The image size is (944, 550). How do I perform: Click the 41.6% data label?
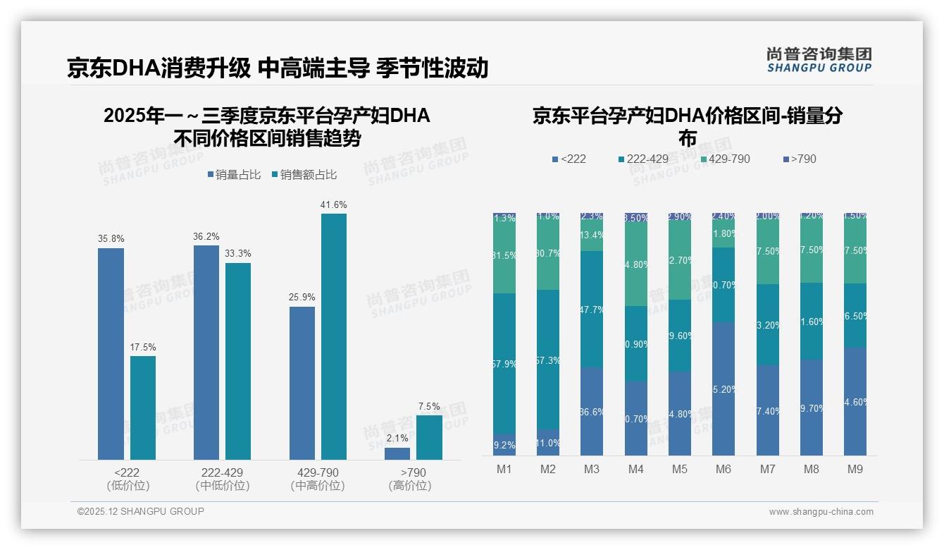(334, 205)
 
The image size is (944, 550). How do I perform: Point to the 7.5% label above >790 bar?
(429, 406)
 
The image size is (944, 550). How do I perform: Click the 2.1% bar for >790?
(397, 453)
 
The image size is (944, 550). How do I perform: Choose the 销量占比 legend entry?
(235, 175)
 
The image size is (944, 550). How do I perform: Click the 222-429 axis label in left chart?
(223, 472)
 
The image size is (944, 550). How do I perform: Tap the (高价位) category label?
(410, 486)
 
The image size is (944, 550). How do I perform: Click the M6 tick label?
(723, 469)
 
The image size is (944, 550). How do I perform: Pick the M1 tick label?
(504, 469)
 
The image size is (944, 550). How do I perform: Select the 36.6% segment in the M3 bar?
(592, 411)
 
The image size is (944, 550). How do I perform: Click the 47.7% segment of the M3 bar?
(592, 309)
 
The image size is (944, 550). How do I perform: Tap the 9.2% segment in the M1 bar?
(504, 444)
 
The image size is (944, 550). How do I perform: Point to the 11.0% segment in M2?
(548, 442)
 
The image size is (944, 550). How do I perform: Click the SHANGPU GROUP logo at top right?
(819, 59)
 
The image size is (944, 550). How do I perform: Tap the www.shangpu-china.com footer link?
(821, 512)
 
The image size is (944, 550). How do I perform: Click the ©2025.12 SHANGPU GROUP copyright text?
(141, 511)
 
